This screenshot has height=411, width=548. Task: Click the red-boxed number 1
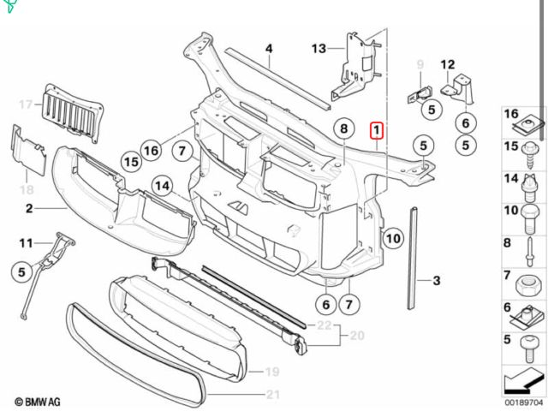point(378,130)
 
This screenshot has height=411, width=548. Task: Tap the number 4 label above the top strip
point(268,49)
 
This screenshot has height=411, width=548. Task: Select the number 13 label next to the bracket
point(319,48)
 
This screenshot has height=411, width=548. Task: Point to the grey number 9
point(420,65)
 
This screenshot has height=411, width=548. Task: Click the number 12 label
point(447,65)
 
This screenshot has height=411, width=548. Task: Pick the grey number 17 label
point(25,104)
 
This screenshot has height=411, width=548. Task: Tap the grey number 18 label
point(27,189)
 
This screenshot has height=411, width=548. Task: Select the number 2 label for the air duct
point(28,209)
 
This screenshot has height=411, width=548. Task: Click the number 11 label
point(26,242)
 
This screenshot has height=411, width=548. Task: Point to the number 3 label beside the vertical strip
point(436,280)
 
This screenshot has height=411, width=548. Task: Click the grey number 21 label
point(273,394)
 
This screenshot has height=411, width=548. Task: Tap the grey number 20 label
point(357,335)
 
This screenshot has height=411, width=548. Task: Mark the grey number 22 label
point(323,325)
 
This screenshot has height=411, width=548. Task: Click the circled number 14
point(163,185)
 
